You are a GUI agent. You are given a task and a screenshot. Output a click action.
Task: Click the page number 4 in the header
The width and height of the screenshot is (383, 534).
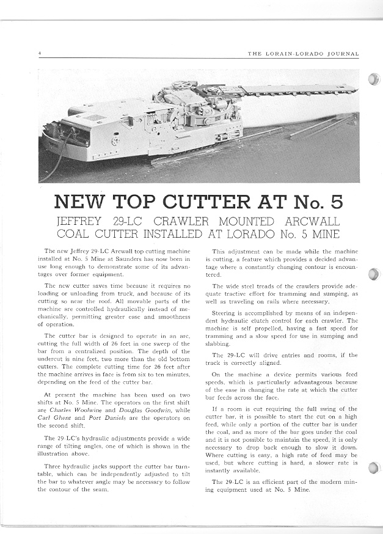(39, 54)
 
